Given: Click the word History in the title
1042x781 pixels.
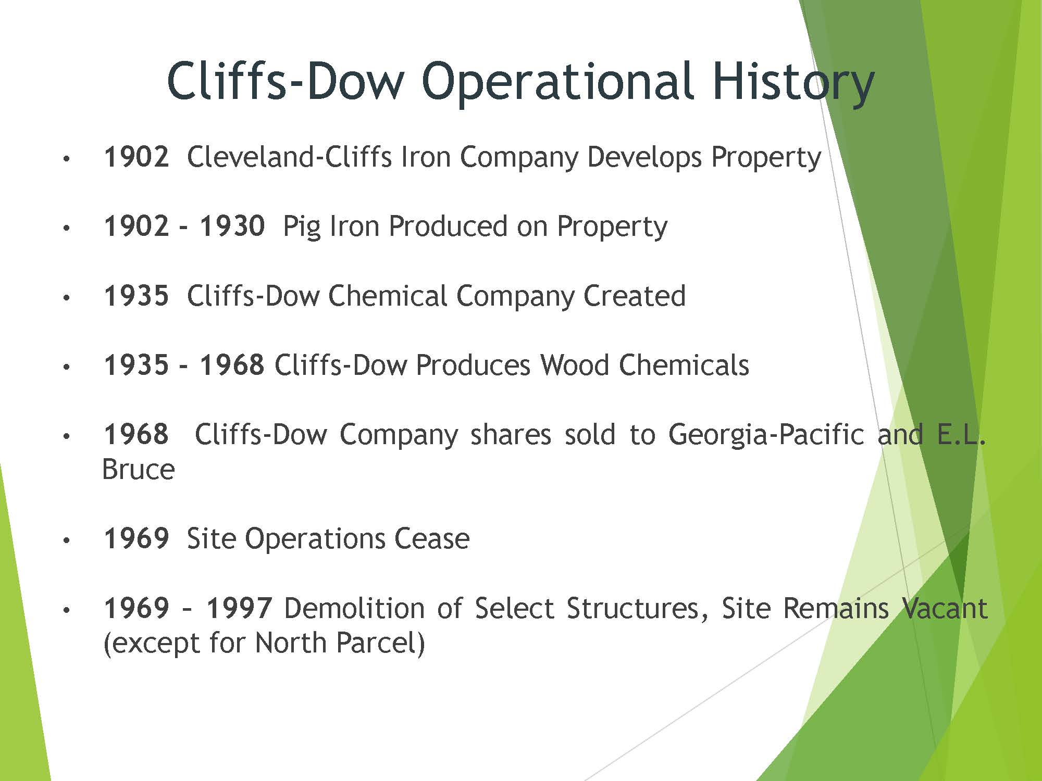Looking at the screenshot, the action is [793, 82].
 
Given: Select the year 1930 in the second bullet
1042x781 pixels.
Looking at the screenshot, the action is [232, 226].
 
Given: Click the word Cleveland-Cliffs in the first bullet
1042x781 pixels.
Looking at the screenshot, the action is [289, 156].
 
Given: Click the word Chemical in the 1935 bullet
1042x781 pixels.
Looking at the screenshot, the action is [388, 295].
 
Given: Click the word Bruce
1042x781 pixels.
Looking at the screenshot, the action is [138, 469].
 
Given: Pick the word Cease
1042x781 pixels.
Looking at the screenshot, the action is [432, 538].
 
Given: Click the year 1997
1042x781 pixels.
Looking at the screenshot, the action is [239, 608].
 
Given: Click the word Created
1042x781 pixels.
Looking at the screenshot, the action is [634, 295].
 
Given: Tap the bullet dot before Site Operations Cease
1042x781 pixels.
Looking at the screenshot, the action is [66, 540].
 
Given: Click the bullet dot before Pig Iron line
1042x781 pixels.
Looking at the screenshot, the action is [66, 228].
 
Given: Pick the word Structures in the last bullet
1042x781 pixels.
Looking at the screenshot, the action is [638, 608].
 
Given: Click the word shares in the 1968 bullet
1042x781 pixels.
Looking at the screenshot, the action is [511, 434].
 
